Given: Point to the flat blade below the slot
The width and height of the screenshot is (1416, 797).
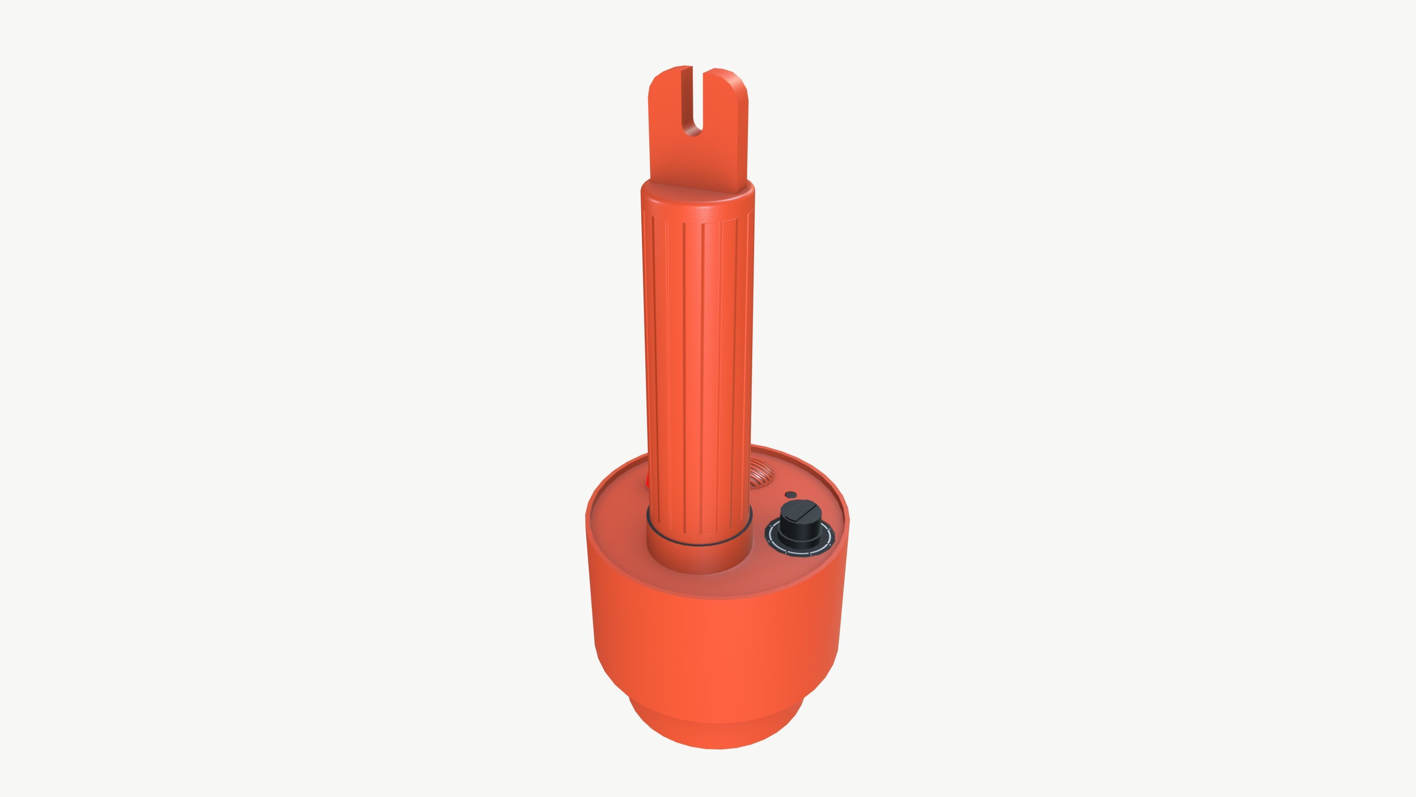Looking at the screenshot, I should pos(697,159).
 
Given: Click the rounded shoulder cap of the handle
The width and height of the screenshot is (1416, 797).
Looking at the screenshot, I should pos(697,201).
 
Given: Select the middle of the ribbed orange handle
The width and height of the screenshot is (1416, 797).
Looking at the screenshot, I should pos(697,358).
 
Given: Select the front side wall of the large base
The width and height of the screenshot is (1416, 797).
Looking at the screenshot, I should pos(715,649).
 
